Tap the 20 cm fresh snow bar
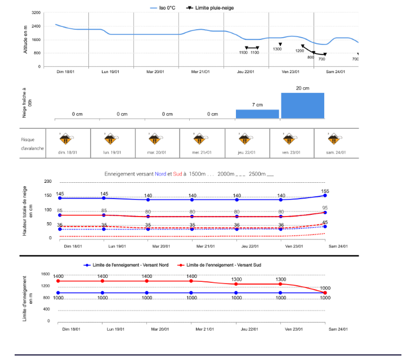point(303,105)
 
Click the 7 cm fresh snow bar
point(257,114)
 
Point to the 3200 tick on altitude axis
point(36,12)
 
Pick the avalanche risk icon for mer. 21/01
point(200,139)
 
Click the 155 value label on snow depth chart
point(325,191)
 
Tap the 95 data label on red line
point(325,208)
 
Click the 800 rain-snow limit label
point(310,57)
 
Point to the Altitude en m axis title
point(25,39)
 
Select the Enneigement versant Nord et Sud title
point(189,174)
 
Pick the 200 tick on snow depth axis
point(48,182)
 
